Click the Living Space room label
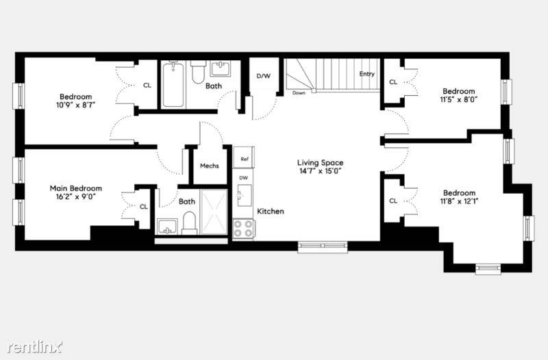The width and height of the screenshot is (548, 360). (x=320, y=162)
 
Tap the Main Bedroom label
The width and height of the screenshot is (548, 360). (x=76, y=188)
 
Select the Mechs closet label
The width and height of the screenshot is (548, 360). (x=210, y=166)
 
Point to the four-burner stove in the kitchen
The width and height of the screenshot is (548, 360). (x=244, y=229)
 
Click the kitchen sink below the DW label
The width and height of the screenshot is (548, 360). (x=245, y=195)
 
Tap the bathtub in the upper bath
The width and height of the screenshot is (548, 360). (x=173, y=84)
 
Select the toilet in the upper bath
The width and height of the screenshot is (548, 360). (x=198, y=72)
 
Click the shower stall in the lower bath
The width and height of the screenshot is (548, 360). (x=214, y=212)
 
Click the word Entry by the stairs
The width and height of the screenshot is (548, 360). (x=366, y=74)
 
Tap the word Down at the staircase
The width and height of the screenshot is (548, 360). (x=299, y=93)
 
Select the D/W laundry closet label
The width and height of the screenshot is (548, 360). (x=264, y=76)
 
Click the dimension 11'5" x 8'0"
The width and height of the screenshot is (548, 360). (x=458, y=99)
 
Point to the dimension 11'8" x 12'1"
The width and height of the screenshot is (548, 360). (x=459, y=201)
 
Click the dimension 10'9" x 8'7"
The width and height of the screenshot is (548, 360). (x=76, y=105)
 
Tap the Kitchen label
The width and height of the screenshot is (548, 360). (x=271, y=211)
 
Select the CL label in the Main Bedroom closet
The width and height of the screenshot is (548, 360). (x=144, y=207)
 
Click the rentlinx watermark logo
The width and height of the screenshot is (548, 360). (x=35, y=347)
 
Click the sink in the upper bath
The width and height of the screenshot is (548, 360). (x=220, y=68)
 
